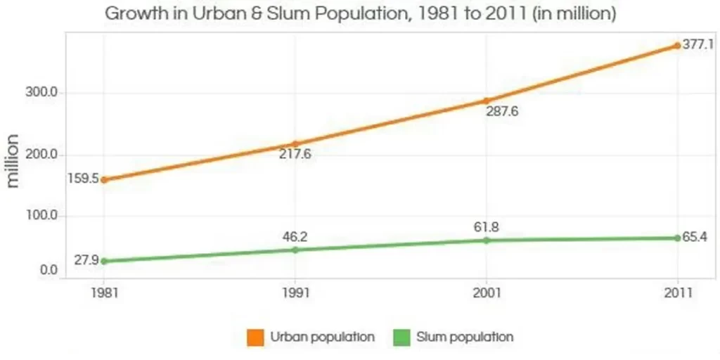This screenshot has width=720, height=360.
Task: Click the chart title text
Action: coord(360,13)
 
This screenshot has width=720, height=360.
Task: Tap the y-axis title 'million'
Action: coord(13,160)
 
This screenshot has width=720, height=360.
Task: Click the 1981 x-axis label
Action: coord(104,292)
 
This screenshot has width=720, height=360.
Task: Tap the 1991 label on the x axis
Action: coord(295,292)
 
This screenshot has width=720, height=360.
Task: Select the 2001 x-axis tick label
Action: coord(486,292)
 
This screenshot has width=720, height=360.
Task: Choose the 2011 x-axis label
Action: coord(677,292)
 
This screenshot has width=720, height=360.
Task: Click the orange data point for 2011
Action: coord(677,46)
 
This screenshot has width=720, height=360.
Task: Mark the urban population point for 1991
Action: coord(295,144)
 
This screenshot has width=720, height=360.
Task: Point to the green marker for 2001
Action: coord(486,240)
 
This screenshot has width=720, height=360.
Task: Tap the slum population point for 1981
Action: coord(104,261)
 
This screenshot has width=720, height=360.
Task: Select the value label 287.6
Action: coord(502,112)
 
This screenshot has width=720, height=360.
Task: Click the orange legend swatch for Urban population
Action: coord(255,337)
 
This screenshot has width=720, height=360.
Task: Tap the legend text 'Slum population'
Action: coord(465,337)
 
